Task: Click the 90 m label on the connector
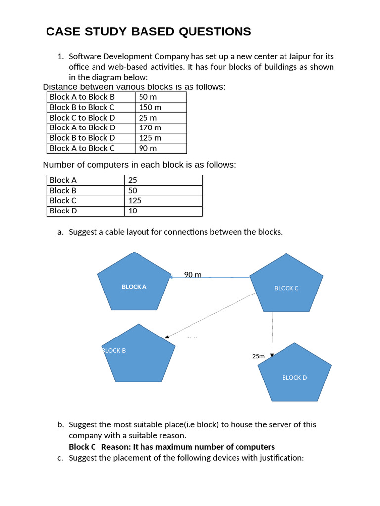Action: point(192,275)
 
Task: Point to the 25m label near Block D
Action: point(258,356)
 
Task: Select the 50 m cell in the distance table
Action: point(148,97)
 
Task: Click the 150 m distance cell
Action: point(150,107)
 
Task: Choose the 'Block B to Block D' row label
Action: point(82,138)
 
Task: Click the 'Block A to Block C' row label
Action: point(82,148)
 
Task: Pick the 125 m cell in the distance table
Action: point(150,138)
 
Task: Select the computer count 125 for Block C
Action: point(135,201)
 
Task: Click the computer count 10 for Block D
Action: point(132,211)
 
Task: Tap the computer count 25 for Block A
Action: point(132,180)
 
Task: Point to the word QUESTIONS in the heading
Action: point(215,32)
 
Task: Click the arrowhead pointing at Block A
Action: point(171,277)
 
